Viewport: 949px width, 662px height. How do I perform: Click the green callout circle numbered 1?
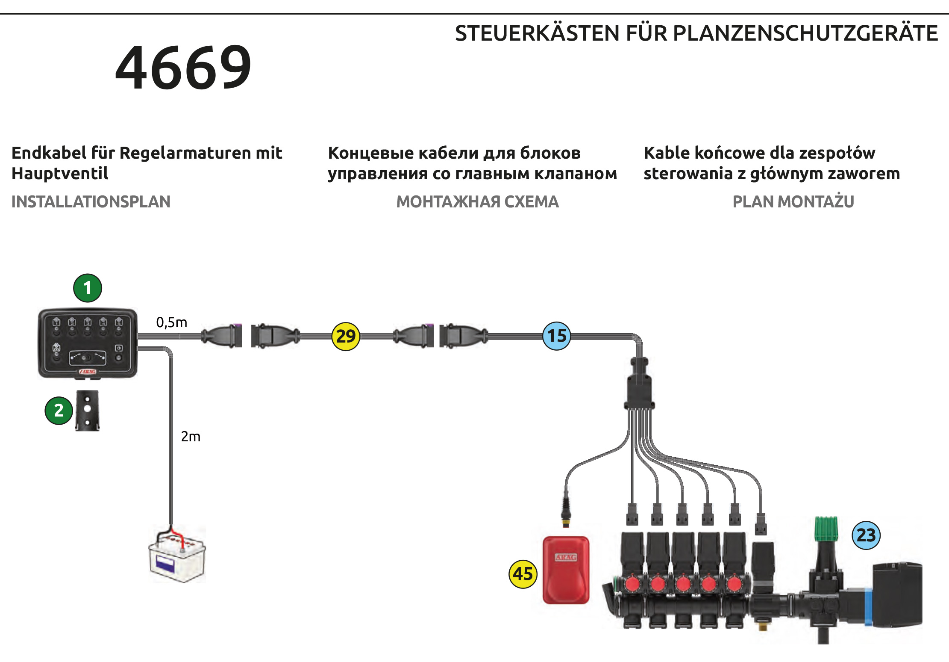pyautogui.click(x=88, y=288)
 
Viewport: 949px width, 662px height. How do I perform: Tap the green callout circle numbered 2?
pyautogui.click(x=59, y=411)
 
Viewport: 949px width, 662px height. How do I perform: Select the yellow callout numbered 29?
pyautogui.click(x=346, y=336)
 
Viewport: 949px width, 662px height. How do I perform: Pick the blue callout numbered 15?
pyautogui.click(x=557, y=336)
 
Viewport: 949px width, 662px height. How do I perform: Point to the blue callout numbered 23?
pyautogui.click(x=866, y=535)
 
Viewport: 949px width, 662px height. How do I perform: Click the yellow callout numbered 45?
pyautogui.click(x=523, y=574)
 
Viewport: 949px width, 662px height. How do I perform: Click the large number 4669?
pyautogui.click(x=183, y=67)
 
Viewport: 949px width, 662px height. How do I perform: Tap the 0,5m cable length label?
pyautogui.click(x=172, y=322)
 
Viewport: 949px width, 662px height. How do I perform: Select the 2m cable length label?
pyautogui.click(x=191, y=437)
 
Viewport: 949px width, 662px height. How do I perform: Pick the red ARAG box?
pyautogui.click(x=566, y=570)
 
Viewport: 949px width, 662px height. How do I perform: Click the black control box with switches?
pyautogui.click(x=88, y=343)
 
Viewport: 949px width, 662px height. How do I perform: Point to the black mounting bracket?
pyautogui.click(x=88, y=410)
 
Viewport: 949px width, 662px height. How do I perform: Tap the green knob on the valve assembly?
pyautogui.click(x=826, y=529)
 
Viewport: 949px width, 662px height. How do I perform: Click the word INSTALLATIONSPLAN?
pyautogui.click(x=91, y=201)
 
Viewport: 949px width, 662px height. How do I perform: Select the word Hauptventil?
pyautogui.click(x=60, y=174)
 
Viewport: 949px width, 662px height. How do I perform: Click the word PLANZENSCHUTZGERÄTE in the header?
pyautogui.click(x=805, y=33)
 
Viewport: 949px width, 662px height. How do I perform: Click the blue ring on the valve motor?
pyautogui.click(x=868, y=607)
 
